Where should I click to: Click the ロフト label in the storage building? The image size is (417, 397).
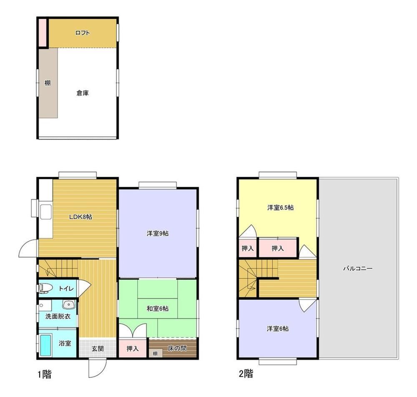83,33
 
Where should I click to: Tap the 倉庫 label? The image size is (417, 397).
83,93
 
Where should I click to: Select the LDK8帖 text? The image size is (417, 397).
80,217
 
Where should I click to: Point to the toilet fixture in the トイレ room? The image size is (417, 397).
44,288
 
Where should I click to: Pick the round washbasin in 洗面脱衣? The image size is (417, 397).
69,304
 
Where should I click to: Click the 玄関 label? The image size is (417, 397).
98,349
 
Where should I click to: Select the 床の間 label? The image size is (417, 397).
177,348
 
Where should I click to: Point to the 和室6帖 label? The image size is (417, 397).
158,308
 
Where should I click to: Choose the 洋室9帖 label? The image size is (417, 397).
158,234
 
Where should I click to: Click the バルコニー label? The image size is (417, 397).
358,268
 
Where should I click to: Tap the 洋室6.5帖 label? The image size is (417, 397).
281,208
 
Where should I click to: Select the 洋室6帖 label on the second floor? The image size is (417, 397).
278,329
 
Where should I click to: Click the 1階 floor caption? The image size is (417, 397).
45,374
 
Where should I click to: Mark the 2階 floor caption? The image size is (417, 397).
246,374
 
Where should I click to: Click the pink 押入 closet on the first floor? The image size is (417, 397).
133,348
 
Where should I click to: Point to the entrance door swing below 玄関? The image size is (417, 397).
98,368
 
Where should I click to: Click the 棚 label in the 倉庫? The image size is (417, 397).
48,83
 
